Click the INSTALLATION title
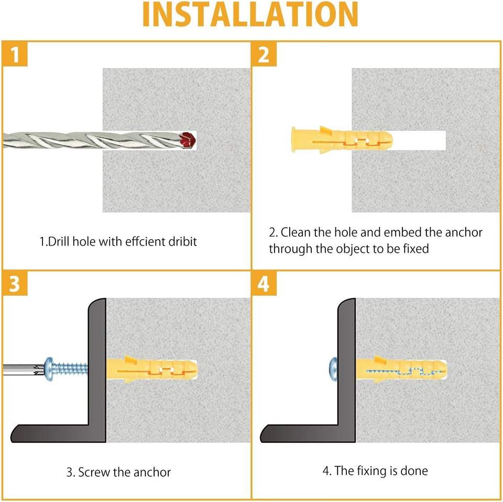pyautogui.click(x=250, y=15)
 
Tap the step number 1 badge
pyautogui.click(x=15, y=54)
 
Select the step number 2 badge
pyautogui.click(x=264, y=54)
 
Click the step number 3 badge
pyautogui.click(x=15, y=283)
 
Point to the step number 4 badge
pyautogui.click(x=264, y=283)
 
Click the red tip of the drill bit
pyautogui.click(x=188, y=140)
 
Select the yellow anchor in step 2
pyautogui.click(x=342, y=140)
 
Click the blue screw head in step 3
pyautogui.click(x=49, y=369)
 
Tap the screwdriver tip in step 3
pyautogui.click(x=39, y=369)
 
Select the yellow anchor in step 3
pyautogui.click(x=152, y=369)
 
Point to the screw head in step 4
pyautogui.click(x=333, y=369)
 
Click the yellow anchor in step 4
pyautogui.click(x=401, y=369)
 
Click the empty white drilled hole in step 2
pyautogui.click(x=419, y=140)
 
